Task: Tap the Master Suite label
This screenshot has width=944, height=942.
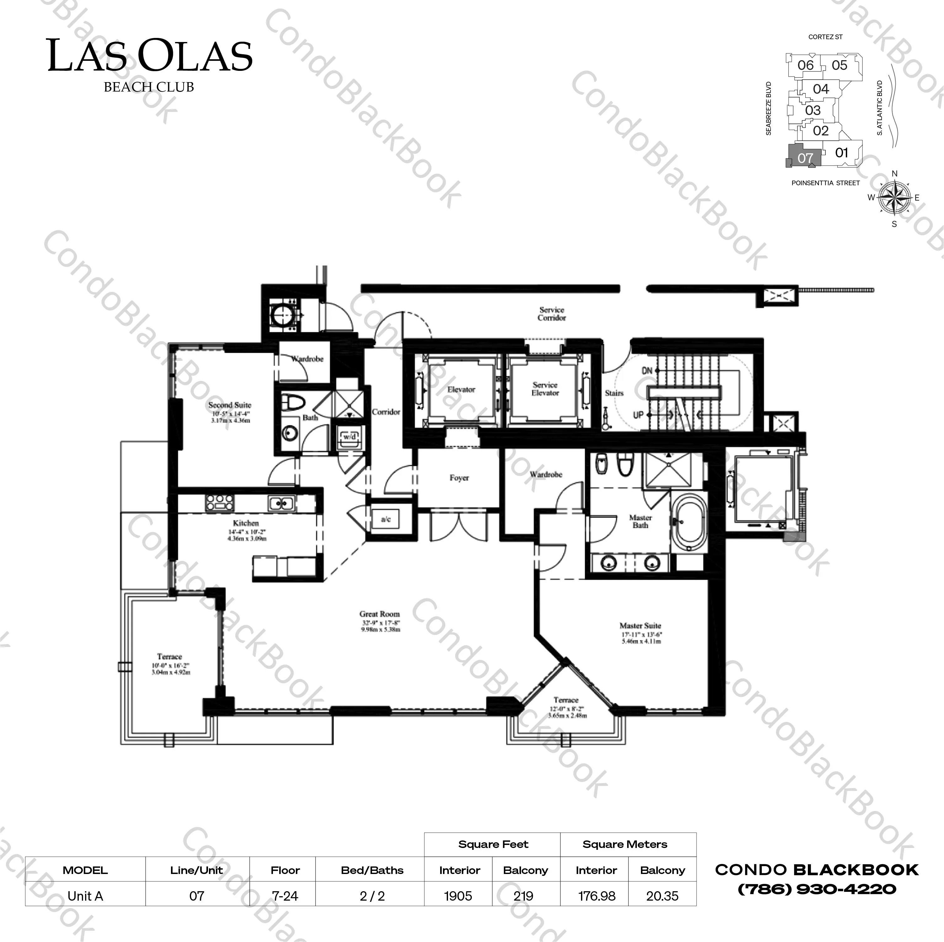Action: [640, 626]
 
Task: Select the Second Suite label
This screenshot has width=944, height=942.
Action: [230, 405]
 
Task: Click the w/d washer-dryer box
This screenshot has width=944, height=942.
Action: [350, 437]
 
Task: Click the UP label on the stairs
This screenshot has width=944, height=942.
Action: [638, 415]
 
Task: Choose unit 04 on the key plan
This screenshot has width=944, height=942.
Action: [821, 89]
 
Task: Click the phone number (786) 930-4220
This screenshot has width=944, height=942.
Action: [817, 889]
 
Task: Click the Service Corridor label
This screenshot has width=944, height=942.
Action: [552, 313]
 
